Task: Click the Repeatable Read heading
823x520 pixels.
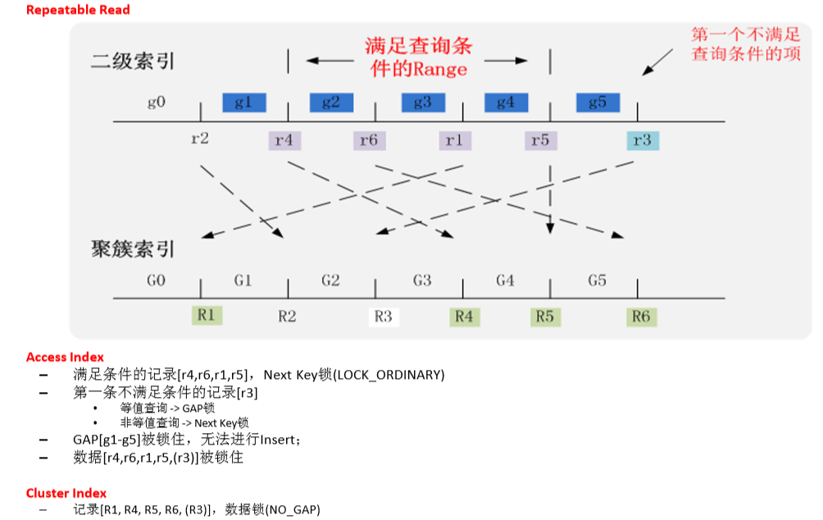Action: (78, 10)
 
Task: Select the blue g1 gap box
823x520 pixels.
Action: (243, 103)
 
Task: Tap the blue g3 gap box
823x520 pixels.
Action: (422, 103)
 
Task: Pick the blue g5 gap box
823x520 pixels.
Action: (598, 103)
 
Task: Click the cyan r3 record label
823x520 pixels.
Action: (642, 140)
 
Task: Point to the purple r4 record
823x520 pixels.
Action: (284, 140)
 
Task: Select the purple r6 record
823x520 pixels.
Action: (369, 140)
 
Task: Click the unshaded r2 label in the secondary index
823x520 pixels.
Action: (199, 139)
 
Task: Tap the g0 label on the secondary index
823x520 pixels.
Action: (157, 103)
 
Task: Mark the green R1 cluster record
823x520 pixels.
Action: (206, 315)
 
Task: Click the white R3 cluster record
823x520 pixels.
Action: (383, 316)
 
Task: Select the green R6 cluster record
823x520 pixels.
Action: (641, 316)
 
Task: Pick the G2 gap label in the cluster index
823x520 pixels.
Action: (330, 281)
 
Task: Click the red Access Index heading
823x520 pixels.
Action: (65, 357)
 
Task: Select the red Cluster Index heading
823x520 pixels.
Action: (66, 493)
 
